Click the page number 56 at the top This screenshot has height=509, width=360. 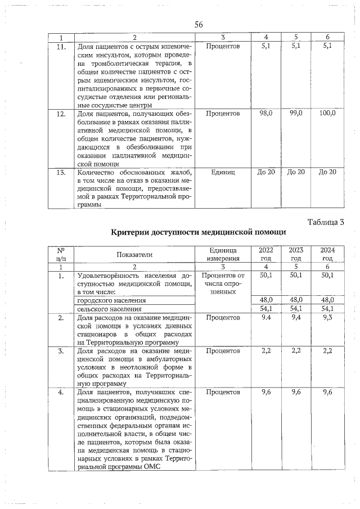tap(198, 24)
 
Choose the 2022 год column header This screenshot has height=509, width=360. tap(266, 254)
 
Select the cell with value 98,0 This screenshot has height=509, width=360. tap(265, 114)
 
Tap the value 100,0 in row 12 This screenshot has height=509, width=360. tap(327, 114)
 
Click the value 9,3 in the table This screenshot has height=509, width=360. tap(327, 318)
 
